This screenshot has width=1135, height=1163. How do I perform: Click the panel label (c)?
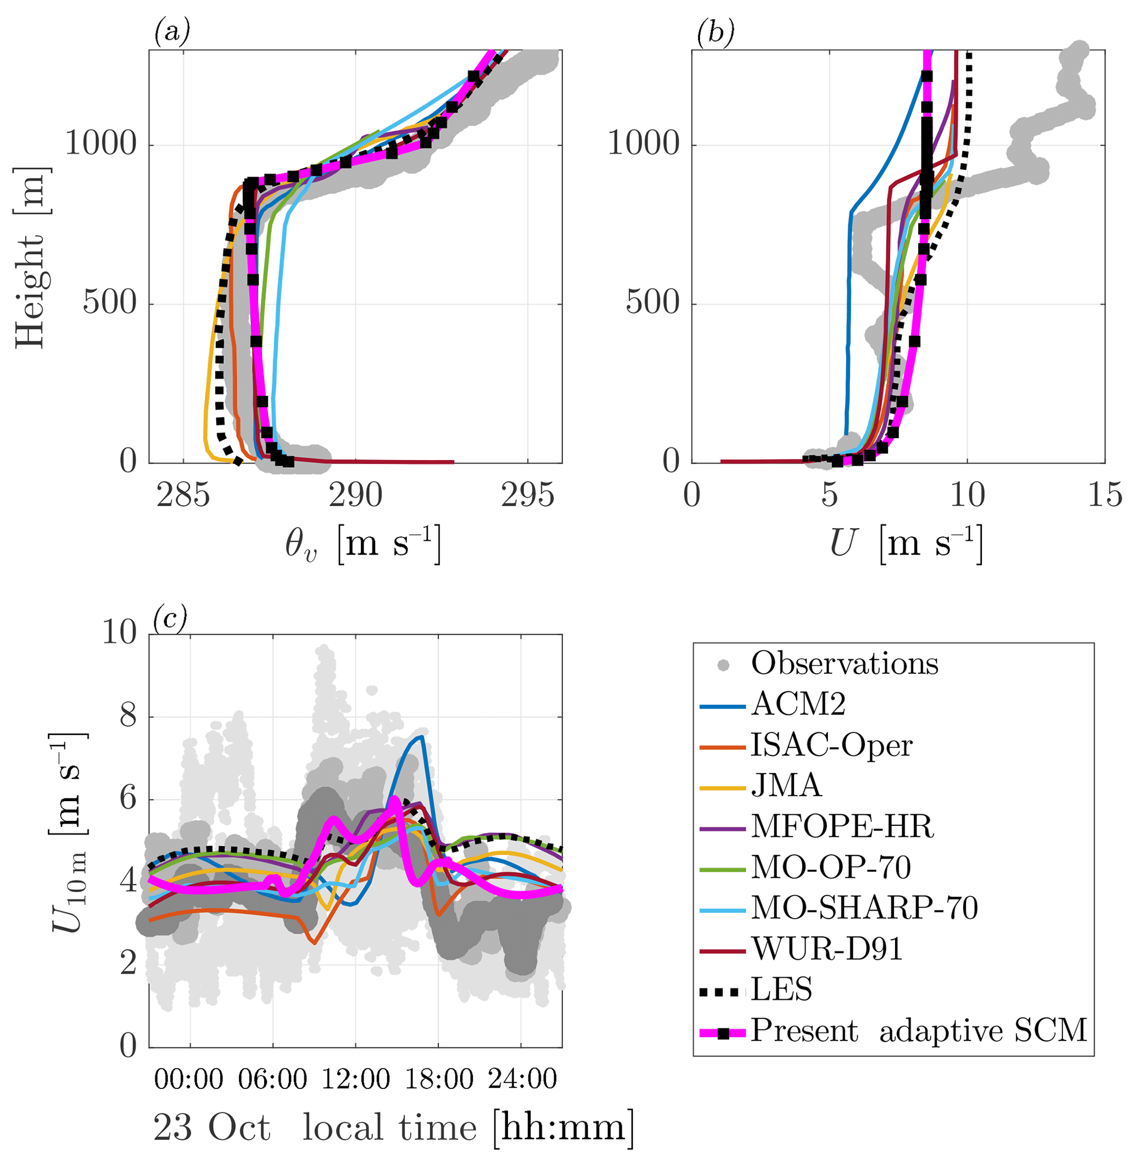click(170, 619)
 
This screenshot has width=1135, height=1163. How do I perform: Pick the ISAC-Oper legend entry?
click(831, 746)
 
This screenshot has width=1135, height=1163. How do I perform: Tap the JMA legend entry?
click(786, 786)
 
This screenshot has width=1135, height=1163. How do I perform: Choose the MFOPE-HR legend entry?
click(842, 827)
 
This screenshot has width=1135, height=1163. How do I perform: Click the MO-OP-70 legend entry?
click(830, 868)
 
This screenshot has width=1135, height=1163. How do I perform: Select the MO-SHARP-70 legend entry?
click(864, 908)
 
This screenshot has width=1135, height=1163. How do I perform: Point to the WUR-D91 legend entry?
click(827, 949)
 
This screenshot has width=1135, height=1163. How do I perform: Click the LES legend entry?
click(781, 990)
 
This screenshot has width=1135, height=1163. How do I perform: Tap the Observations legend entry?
click(844, 664)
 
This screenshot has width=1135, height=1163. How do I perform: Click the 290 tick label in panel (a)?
click(355, 496)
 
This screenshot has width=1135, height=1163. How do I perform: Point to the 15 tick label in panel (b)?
click(1105, 496)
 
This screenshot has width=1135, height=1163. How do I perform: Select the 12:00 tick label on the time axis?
click(356, 1080)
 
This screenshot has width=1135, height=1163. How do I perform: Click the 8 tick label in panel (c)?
click(128, 717)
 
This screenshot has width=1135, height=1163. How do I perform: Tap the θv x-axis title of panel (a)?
click(362, 544)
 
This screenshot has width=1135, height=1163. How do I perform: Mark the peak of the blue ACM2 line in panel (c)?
click(421, 737)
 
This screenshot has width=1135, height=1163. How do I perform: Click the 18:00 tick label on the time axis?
click(439, 1080)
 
